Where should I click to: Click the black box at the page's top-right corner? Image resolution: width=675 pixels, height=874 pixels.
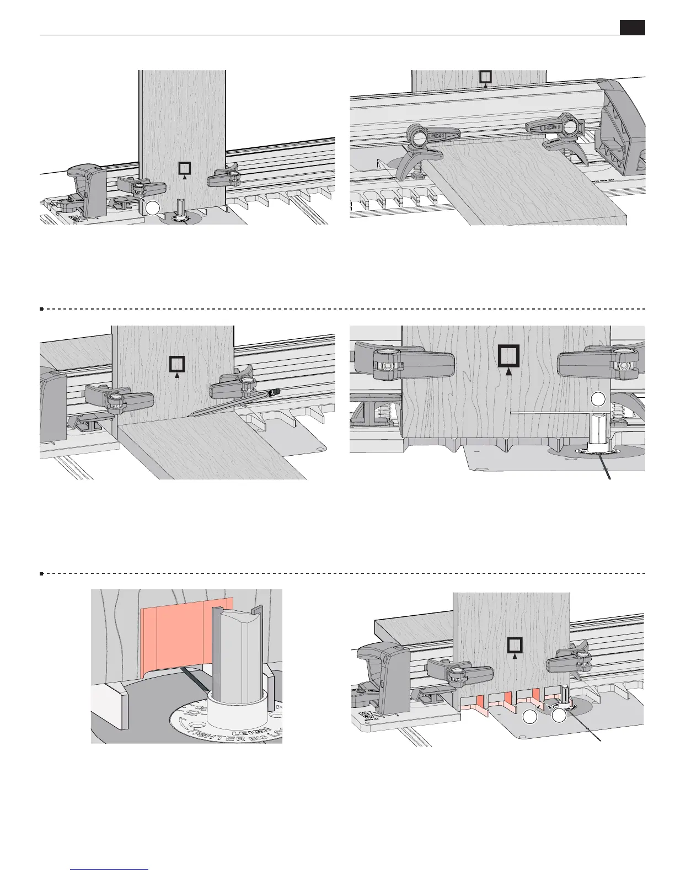[x=632, y=28]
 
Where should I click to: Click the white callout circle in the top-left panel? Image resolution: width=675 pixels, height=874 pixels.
[x=153, y=208]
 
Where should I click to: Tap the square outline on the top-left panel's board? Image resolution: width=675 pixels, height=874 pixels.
[x=185, y=168]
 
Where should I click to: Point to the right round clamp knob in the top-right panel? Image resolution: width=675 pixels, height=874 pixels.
[x=567, y=127]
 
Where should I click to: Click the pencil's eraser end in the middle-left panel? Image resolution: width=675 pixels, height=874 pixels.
[x=276, y=392]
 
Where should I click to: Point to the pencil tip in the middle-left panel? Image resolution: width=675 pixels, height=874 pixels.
[x=189, y=414]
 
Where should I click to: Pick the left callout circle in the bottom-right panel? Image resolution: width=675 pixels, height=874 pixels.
[x=530, y=717]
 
